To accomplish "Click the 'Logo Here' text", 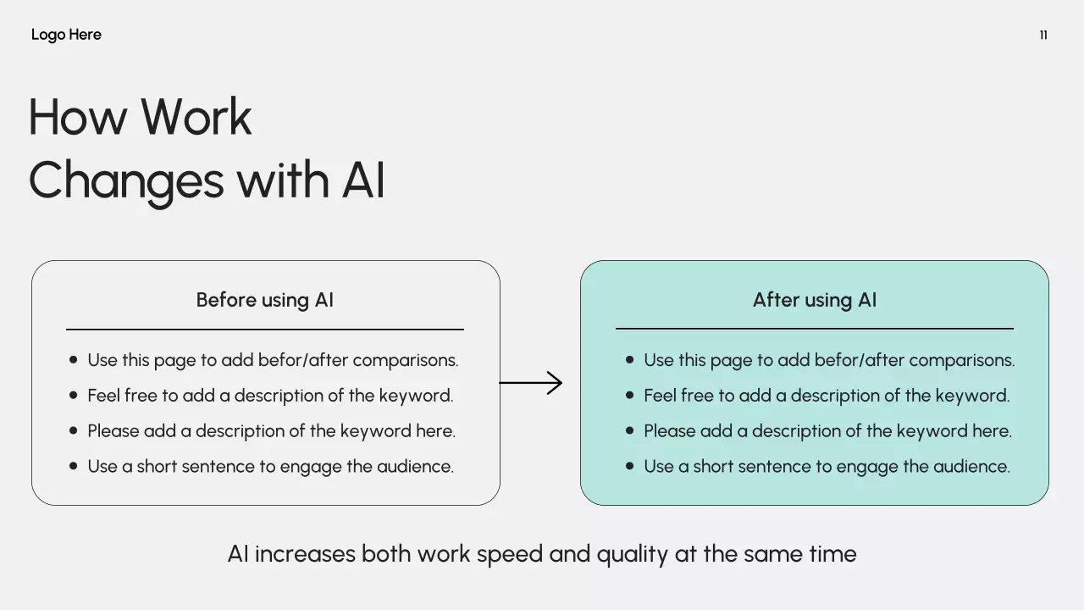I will point(66,35).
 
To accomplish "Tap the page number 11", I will point(1043,35).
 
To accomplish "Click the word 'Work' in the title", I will point(196,117).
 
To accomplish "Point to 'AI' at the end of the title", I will point(363,180).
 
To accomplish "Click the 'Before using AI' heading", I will point(264,300).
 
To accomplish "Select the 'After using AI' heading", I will point(815,300).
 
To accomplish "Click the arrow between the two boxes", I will point(532,383).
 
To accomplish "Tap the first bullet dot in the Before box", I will point(73,360).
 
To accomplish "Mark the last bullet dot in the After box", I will point(629,466).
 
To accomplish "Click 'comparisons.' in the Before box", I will point(405,360).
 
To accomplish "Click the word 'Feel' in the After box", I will point(661,396).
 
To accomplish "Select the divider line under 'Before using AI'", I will point(264,329).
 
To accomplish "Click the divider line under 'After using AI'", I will point(815,328).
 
